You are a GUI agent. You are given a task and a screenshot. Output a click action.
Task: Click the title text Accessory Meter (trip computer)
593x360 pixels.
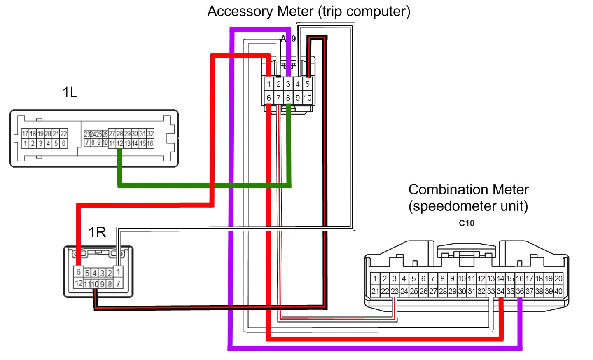pos(308,12)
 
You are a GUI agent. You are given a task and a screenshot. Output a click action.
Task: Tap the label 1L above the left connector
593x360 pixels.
pos(70,92)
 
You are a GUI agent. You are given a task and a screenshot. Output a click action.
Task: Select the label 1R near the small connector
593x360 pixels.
pos(97,232)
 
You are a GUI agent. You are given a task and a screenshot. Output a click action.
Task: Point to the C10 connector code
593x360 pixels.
pos(467,223)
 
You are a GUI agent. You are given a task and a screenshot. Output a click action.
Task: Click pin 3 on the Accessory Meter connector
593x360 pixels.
pos(288,84)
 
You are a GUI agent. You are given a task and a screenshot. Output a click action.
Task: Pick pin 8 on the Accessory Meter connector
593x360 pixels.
pos(288,98)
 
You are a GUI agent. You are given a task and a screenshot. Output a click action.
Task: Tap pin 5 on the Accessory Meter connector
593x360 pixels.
pos(307,84)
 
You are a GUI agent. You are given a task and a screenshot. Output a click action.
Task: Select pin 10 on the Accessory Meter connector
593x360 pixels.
pos(308,98)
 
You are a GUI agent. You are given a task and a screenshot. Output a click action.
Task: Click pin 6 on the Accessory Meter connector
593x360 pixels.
pos(268,98)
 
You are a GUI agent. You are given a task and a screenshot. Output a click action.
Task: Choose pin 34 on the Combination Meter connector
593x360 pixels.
pos(500,291)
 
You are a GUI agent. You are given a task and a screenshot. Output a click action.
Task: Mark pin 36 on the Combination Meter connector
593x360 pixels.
pos(520,291)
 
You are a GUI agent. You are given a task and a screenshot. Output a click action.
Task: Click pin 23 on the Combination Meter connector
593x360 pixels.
pos(395,291)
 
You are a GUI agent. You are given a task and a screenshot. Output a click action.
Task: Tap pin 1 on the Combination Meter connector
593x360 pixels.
pos(375,278)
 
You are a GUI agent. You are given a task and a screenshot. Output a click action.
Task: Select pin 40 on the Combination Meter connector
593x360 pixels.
pos(558,291)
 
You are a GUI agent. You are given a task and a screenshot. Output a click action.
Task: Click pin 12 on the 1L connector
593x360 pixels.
pos(120,143)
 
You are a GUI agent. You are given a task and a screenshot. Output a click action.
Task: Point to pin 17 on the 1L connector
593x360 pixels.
pos(25,133)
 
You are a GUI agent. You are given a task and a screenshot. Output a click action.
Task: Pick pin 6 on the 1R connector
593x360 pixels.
pos(78,272)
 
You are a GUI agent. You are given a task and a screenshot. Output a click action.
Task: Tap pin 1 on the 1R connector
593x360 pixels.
pos(118,272)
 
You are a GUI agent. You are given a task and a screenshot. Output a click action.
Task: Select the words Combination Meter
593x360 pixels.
pos(468,189)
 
